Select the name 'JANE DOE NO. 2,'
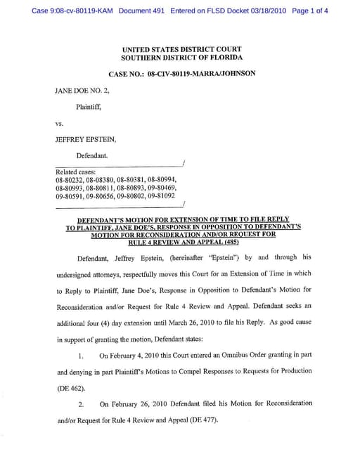click(x=82, y=91)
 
